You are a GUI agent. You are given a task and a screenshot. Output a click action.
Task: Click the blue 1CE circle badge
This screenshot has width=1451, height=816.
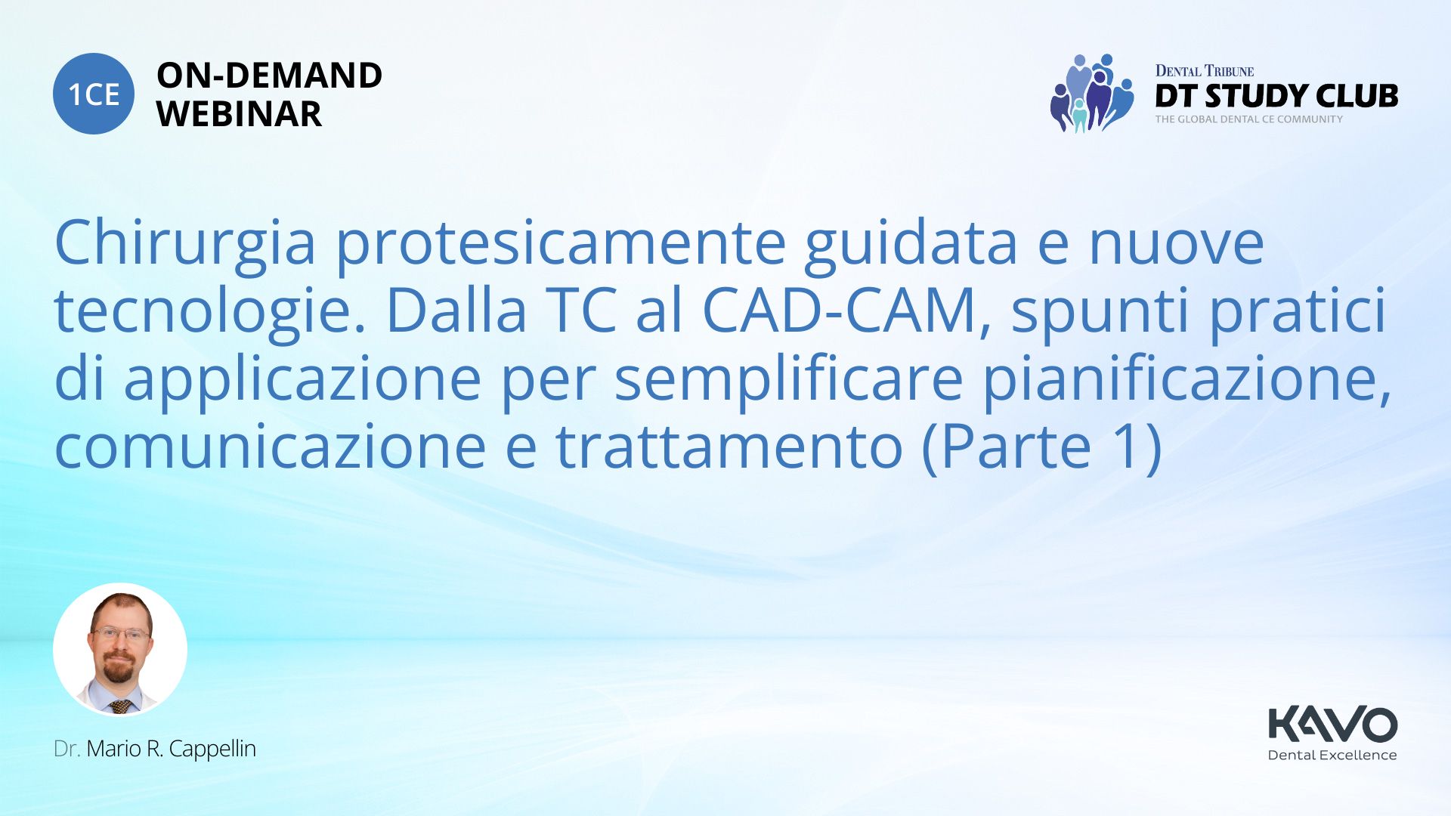click(94, 94)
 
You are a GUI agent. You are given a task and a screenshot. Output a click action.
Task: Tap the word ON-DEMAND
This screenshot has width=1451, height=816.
click(269, 76)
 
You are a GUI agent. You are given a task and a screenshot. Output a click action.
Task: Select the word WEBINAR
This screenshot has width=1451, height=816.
click(239, 114)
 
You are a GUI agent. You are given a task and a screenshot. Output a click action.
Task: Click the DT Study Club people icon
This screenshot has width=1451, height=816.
click(1091, 93)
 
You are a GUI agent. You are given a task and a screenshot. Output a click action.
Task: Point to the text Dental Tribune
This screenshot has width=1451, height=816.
click(1204, 71)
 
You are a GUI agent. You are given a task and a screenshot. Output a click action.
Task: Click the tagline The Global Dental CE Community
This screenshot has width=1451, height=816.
click(1248, 119)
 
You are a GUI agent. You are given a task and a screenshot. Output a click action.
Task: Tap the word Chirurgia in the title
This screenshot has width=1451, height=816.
click(185, 243)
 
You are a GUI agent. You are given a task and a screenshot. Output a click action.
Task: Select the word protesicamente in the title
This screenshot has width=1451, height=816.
click(561, 243)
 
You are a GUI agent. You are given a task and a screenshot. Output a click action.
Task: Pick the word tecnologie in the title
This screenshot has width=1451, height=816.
click(210, 311)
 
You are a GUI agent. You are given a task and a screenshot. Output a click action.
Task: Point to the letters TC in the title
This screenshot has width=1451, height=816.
click(580, 311)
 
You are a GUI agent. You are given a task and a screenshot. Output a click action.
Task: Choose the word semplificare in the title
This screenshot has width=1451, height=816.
click(788, 379)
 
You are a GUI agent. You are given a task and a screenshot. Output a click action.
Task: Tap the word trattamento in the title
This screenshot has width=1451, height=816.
click(729, 447)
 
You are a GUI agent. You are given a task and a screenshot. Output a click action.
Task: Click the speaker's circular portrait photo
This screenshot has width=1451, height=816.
click(120, 649)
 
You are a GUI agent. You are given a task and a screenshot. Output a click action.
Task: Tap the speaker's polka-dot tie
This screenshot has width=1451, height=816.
click(121, 707)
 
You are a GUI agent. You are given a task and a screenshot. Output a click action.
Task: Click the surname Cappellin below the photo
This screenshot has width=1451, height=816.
click(212, 750)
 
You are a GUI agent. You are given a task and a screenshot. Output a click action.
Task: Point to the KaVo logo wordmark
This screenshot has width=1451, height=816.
click(1332, 724)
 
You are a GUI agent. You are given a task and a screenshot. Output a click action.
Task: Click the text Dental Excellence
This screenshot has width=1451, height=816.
click(1332, 755)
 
